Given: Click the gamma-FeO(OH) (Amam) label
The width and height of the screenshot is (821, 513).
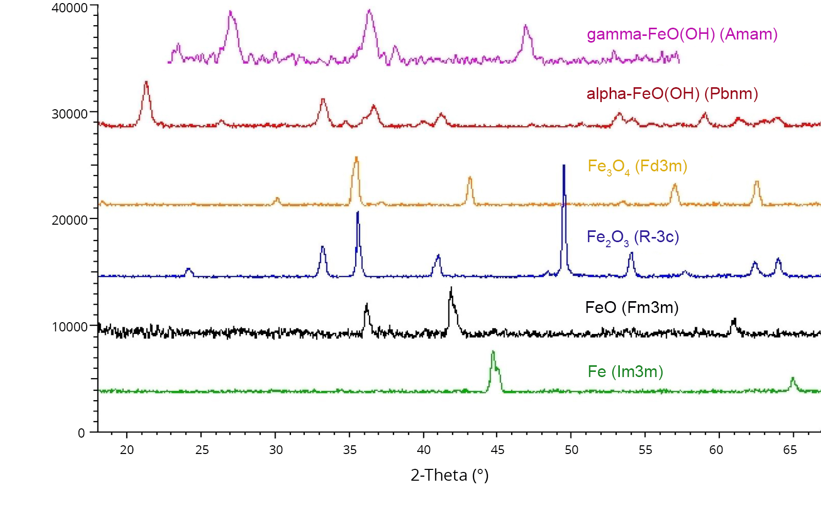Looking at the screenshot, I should click(x=682, y=34).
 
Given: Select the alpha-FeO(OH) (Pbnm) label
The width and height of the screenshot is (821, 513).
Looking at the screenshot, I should click(x=672, y=94).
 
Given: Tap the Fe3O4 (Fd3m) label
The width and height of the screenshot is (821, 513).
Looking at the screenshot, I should click(x=637, y=167).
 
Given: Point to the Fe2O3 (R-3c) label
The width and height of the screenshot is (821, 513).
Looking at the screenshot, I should click(x=633, y=237).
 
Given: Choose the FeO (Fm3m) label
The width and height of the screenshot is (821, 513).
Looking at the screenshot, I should click(x=632, y=308).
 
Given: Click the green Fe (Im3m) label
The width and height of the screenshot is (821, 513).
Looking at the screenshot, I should click(x=625, y=371).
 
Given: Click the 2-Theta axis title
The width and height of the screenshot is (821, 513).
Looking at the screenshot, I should click(x=449, y=475).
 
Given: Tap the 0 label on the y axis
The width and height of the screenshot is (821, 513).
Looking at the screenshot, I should click(x=81, y=433).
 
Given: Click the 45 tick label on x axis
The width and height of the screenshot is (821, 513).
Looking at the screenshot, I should click(x=497, y=450).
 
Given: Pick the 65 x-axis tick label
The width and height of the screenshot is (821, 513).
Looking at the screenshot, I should click(x=790, y=450).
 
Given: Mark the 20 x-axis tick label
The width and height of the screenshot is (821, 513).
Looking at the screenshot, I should click(x=127, y=450).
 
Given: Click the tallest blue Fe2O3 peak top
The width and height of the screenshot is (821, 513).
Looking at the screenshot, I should click(x=564, y=166).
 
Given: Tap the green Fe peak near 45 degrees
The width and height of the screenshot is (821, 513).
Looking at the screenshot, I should click(x=493, y=352).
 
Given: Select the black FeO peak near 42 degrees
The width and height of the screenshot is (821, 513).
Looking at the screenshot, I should click(x=451, y=288).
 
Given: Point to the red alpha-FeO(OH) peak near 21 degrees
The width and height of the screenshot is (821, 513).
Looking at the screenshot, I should click(x=146, y=82).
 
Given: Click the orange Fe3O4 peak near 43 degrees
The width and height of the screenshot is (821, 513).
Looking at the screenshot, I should click(x=470, y=177).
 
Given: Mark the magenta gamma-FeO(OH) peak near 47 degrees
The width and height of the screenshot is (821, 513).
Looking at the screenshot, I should click(x=525, y=26).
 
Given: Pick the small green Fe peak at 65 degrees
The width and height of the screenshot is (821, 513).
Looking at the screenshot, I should click(x=793, y=378).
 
